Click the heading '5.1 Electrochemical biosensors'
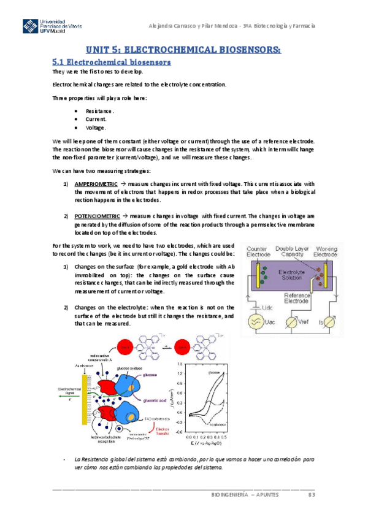111,62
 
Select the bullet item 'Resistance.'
99,110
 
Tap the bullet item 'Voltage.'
96,128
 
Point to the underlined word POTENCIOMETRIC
96,216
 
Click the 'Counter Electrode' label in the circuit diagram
259,252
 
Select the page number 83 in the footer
311,494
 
